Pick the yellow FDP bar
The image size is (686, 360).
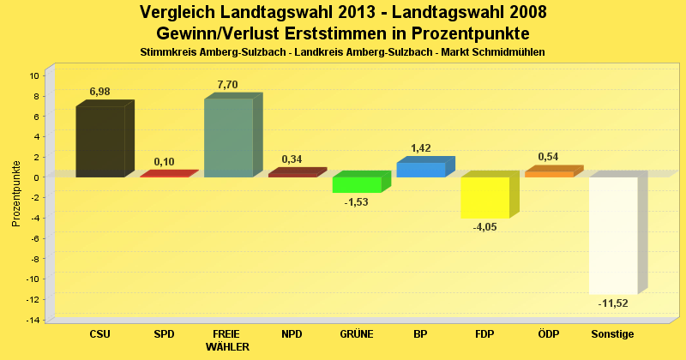pyautogui.click(x=485, y=197)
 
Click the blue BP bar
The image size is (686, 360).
pyautogui.click(x=421, y=169)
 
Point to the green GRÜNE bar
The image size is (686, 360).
pyautogui.click(x=357, y=184)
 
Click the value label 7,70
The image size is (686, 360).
pyautogui.click(x=227, y=84)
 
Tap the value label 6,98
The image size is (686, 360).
pyautogui.click(x=99, y=91)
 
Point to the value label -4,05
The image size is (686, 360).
pyautogui.click(x=484, y=227)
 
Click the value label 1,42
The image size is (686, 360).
pyautogui.click(x=420, y=148)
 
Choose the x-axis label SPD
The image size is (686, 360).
pyautogui.click(x=164, y=334)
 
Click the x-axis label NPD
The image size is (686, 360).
pyautogui.click(x=292, y=334)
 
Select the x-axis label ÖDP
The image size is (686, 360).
pyautogui.click(x=549, y=334)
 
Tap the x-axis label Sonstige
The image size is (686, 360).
pyautogui.click(x=613, y=334)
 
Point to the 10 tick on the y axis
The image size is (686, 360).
pyautogui.click(x=35, y=75)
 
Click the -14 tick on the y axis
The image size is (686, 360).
pyautogui.click(x=33, y=320)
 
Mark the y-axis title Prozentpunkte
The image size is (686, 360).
pyautogui.click(x=16, y=193)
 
